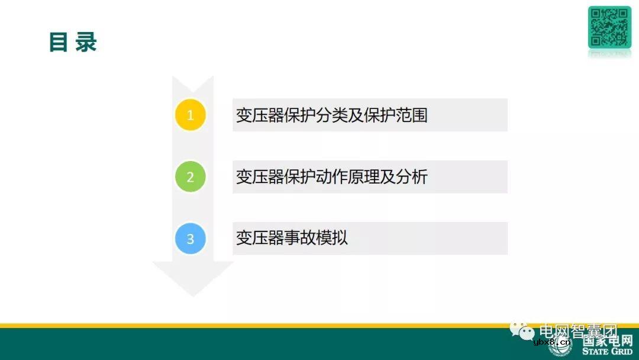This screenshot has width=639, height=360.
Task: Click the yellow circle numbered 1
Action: (x=190, y=115)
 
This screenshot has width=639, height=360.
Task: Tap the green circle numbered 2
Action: (x=190, y=176)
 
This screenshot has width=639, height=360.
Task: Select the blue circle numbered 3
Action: (x=190, y=239)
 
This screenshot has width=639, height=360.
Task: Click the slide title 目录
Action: (x=72, y=43)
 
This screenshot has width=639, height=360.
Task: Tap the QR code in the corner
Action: (x=609, y=27)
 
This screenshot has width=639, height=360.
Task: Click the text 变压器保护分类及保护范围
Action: (x=331, y=115)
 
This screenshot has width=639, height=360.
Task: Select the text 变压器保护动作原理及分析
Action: (x=331, y=176)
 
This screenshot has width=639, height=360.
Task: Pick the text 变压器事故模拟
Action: (x=292, y=238)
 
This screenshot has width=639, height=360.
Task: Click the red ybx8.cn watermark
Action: (x=551, y=342)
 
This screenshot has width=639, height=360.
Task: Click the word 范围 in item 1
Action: (x=411, y=115)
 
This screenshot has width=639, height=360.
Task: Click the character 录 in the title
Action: (x=86, y=43)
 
